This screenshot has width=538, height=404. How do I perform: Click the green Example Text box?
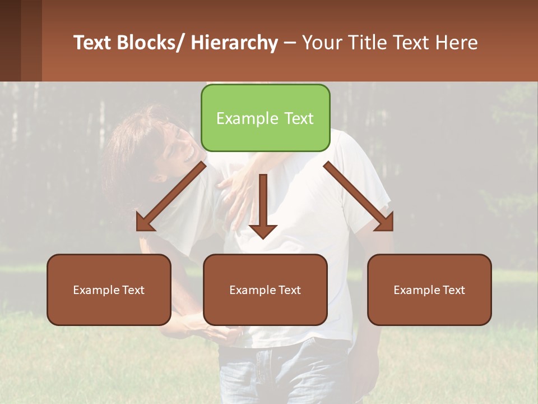[x=265, y=118]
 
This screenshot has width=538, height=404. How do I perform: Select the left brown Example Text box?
[x=109, y=290]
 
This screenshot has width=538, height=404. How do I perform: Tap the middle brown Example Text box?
[x=265, y=290]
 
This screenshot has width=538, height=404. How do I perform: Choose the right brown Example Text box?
[x=429, y=290]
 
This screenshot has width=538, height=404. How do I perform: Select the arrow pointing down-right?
[x=359, y=197]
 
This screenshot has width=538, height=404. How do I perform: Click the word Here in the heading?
[x=457, y=43]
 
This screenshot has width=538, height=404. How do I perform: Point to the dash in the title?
[x=290, y=43]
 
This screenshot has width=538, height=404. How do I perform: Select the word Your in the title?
[x=321, y=43]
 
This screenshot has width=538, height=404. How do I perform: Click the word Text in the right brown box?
[x=452, y=290]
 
